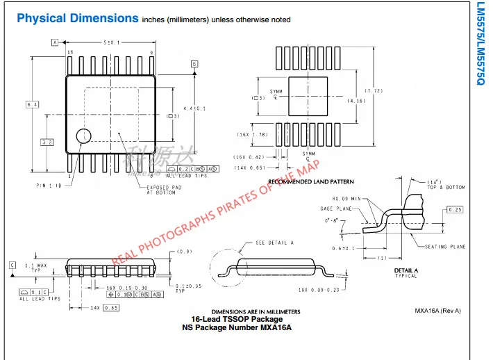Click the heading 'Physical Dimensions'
[78, 19]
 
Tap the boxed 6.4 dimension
[32, 104]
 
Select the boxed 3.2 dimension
[47, 142]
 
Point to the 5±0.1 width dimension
[112, 42]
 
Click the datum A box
[54, 42]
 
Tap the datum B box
[194, 63]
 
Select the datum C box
[12, 265]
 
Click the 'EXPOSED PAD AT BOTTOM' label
[165, 190]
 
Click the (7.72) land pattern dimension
[375, 92]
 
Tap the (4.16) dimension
[357, 101]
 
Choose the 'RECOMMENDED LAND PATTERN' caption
[311, 181]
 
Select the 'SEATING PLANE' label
[444, 247]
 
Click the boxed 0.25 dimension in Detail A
[455, 209]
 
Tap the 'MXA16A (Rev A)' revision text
[438, 311]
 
